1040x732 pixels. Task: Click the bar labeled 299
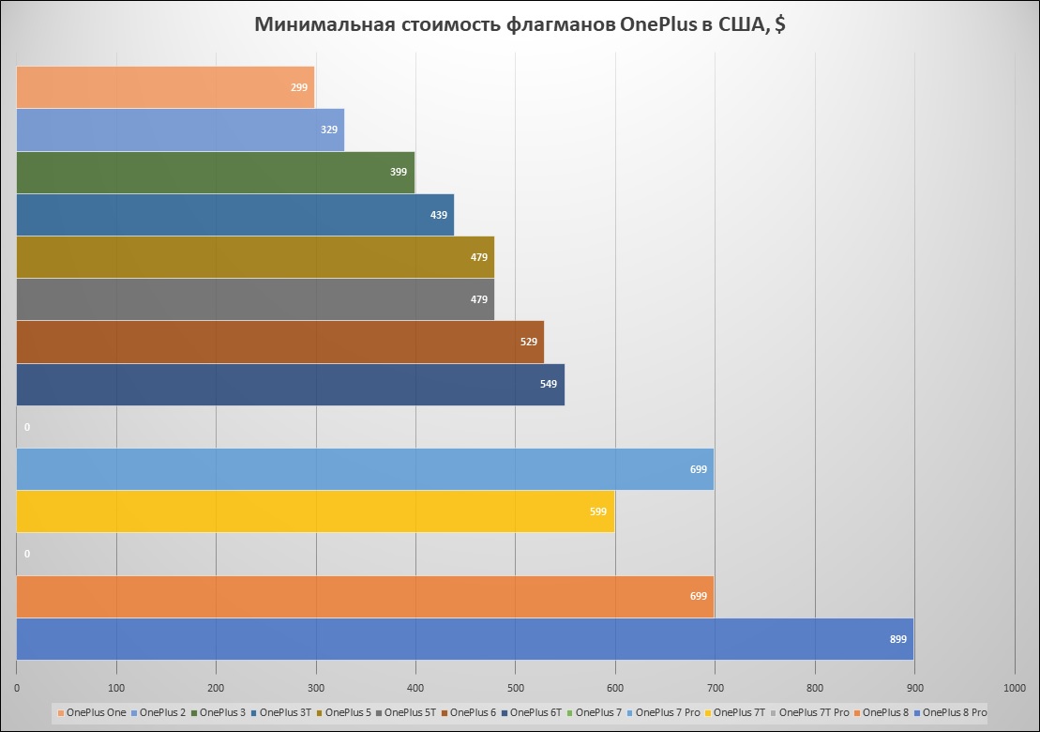[x=165, y=87]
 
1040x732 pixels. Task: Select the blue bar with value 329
[x=180, y=130]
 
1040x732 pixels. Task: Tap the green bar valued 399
[x=216, y=173]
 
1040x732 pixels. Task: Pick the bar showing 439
[x=234, y=215]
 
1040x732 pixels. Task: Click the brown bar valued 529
[x=279, y=342]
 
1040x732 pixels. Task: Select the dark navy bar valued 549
[x=291, y=385]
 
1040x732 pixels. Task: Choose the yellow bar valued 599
[x=315, y=511]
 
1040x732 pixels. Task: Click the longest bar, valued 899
[x=464, y=639]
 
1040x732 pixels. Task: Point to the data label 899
[x=898, y=639]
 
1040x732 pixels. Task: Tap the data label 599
[x=598, y=511]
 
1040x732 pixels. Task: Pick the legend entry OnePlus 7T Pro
[x=814, y=712]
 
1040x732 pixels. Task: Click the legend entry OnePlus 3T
[x=286, y=712]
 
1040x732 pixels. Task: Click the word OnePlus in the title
[x=658, y=25]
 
